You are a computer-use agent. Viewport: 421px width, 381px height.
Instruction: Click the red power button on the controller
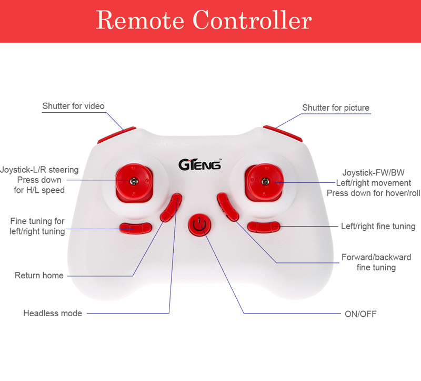tap(199, 226)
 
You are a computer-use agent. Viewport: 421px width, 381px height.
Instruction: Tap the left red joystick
tap(134, 182)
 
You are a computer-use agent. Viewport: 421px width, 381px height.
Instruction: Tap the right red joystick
tap(264, 182)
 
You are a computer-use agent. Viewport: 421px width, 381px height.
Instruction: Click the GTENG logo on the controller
tap(200, 164)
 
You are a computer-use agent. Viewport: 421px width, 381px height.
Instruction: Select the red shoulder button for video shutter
tap(117, 135)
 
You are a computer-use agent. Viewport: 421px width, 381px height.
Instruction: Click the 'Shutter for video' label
tap(73, 106)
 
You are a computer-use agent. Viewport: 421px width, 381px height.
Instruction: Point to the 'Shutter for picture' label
tap(336, 108)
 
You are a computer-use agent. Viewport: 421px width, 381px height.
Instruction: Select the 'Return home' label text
tap(39, 275)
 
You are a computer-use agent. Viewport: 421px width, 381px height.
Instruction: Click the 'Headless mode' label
tap(52, 313)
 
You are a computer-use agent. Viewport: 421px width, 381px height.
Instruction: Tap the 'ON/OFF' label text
tap(360, 314)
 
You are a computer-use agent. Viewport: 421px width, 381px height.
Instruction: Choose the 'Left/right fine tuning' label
tap(378, 226)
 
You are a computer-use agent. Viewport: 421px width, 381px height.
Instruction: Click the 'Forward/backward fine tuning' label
tap(376, 262)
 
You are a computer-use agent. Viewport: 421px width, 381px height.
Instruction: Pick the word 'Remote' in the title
tap(140, 20)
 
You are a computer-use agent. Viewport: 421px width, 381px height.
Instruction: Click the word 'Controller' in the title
tap(252, 19)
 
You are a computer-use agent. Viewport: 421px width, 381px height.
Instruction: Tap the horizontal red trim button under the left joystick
tap(136, 228)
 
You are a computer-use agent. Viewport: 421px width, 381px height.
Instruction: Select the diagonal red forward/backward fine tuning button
tap(228, 207)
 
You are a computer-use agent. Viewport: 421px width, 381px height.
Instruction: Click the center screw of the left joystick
tap(134, 181)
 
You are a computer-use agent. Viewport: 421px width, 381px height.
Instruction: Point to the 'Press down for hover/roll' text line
tap(373, 193)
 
